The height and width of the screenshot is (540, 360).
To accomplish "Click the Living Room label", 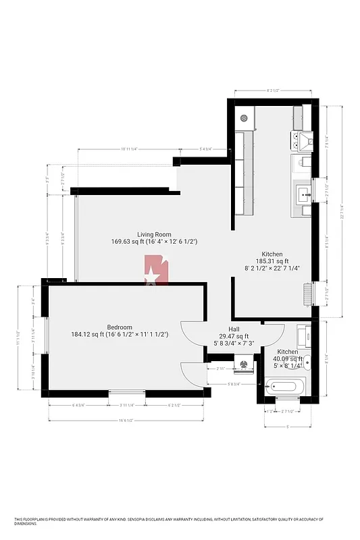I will (x=154, y=234).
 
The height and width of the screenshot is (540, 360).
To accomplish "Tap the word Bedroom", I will (x=120, y=327).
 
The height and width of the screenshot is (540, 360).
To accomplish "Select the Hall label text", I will (x=234, y=329).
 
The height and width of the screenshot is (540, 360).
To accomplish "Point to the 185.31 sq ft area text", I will (x=272, y=261).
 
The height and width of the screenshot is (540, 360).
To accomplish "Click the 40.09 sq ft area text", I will (x=288, y=359).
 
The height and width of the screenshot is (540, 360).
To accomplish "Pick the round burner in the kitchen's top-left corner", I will (x=243, y=118).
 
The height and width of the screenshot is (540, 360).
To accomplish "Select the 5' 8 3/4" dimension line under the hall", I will (x=233, y=384).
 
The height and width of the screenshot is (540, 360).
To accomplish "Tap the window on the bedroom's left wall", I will (x=45, y=335).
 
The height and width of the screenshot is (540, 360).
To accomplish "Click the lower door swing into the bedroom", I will (x=193, y=374).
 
